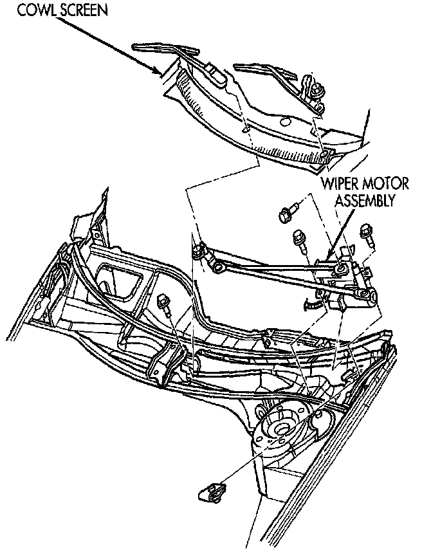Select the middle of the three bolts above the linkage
click(300, 239)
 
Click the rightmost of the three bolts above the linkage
click(367, 230)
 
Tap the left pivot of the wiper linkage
click(200, 252)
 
